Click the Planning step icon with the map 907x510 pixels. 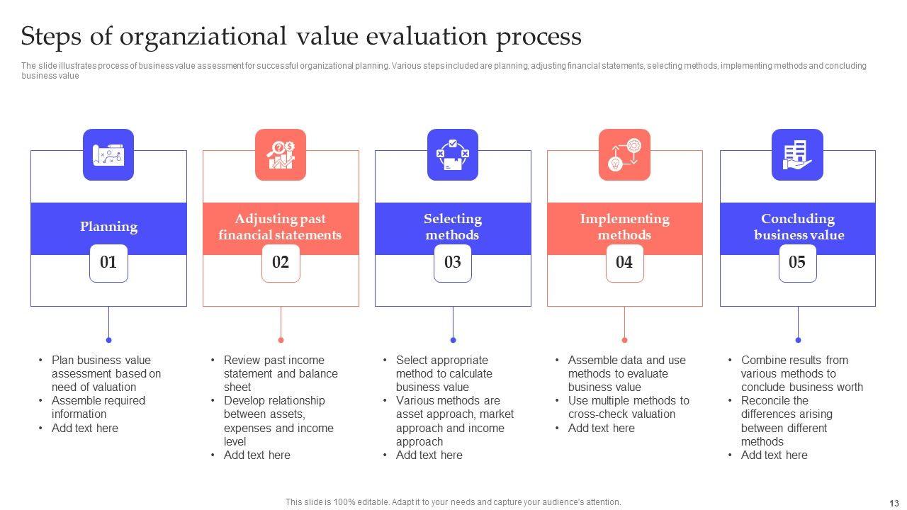pos(108,154)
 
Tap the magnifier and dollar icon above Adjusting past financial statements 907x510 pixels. pos(281,154)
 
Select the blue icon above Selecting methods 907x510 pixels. pos(453,154)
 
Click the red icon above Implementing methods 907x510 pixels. pos(624,154)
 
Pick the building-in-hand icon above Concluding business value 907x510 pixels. pos(797,154)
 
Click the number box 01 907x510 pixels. pos(108,263)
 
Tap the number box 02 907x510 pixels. pos(281,263)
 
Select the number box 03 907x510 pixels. pos(453,263)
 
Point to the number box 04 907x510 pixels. pos(624,263)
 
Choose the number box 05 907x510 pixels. pos(797,263)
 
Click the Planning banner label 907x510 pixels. pos(108,227)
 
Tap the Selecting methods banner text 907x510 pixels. pos(453,227)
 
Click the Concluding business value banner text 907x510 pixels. pos(798,227)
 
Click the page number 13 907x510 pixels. pos(893,503)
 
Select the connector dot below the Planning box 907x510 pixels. pos(108,340)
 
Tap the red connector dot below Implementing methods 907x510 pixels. pos(624,340)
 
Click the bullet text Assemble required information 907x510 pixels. pos(98,407)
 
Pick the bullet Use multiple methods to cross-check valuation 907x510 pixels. pos(628,407)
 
